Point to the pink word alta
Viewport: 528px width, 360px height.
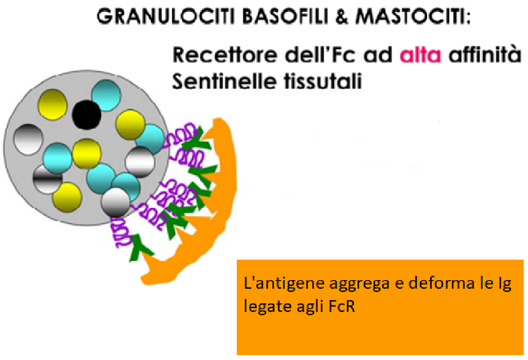420,55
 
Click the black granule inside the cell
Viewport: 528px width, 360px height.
86,114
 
